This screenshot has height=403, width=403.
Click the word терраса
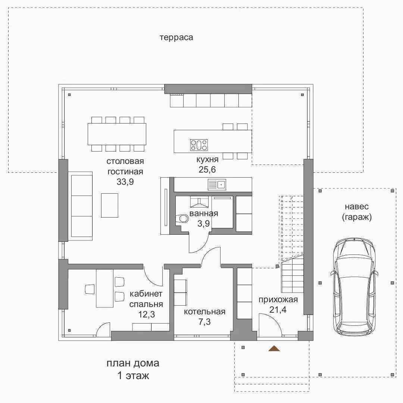tap(176, 38)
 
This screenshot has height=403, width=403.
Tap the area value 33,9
tap(125, 182)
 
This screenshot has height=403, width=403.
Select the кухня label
tap(207, 160)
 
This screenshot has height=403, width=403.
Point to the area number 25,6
tap(207, 170)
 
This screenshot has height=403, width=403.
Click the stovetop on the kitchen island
tap(199, 145)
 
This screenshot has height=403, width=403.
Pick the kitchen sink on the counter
tap(217, 185)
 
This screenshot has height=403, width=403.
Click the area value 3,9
tap(204, 224)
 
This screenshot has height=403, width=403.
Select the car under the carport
tap(354, 287)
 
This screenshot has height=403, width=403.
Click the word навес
tap(357, 207)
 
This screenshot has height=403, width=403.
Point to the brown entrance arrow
tap(274, 348)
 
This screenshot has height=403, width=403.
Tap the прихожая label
tap(278, 300)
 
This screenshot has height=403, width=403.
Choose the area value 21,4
tap(278, 310)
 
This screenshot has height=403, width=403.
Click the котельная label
tap(204, 312)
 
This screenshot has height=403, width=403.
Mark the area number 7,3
tap(204, 322)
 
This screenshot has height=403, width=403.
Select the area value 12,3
tap(147, 314)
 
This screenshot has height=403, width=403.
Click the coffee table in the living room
tap(110, 205)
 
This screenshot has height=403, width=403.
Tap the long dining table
tap(117, 134)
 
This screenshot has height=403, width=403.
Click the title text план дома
tap(133, 363)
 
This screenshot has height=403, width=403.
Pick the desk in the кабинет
tap(105, 288)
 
